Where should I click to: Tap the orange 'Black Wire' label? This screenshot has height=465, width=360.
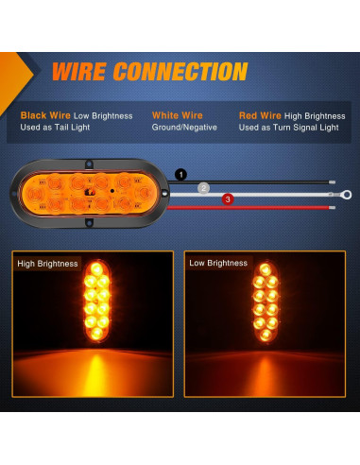click(44, 114)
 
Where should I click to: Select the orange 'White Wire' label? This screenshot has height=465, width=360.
click(178, 114)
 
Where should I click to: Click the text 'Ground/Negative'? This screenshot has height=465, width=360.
click(184, 127)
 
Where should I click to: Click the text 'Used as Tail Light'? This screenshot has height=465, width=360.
click(56, 127)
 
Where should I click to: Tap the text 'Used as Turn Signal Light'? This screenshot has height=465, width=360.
click(288, 127)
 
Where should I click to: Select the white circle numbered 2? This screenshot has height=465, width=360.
click(203, 188)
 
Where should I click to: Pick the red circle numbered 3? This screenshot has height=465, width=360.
click(227, 199)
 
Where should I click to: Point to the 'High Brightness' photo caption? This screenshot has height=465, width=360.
click(47, 264)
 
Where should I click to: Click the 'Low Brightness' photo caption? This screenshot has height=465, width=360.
click(218, 263)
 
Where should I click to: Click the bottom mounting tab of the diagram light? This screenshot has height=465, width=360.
click(89, 223)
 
